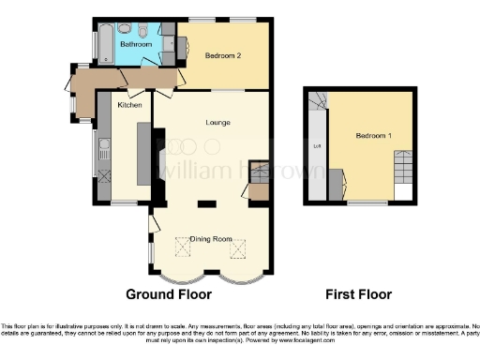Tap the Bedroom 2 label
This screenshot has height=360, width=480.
coord(224,55)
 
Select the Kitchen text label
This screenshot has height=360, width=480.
coord(129,105)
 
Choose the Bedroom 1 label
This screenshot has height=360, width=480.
coord(373,137)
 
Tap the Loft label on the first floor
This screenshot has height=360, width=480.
coord(316,146)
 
